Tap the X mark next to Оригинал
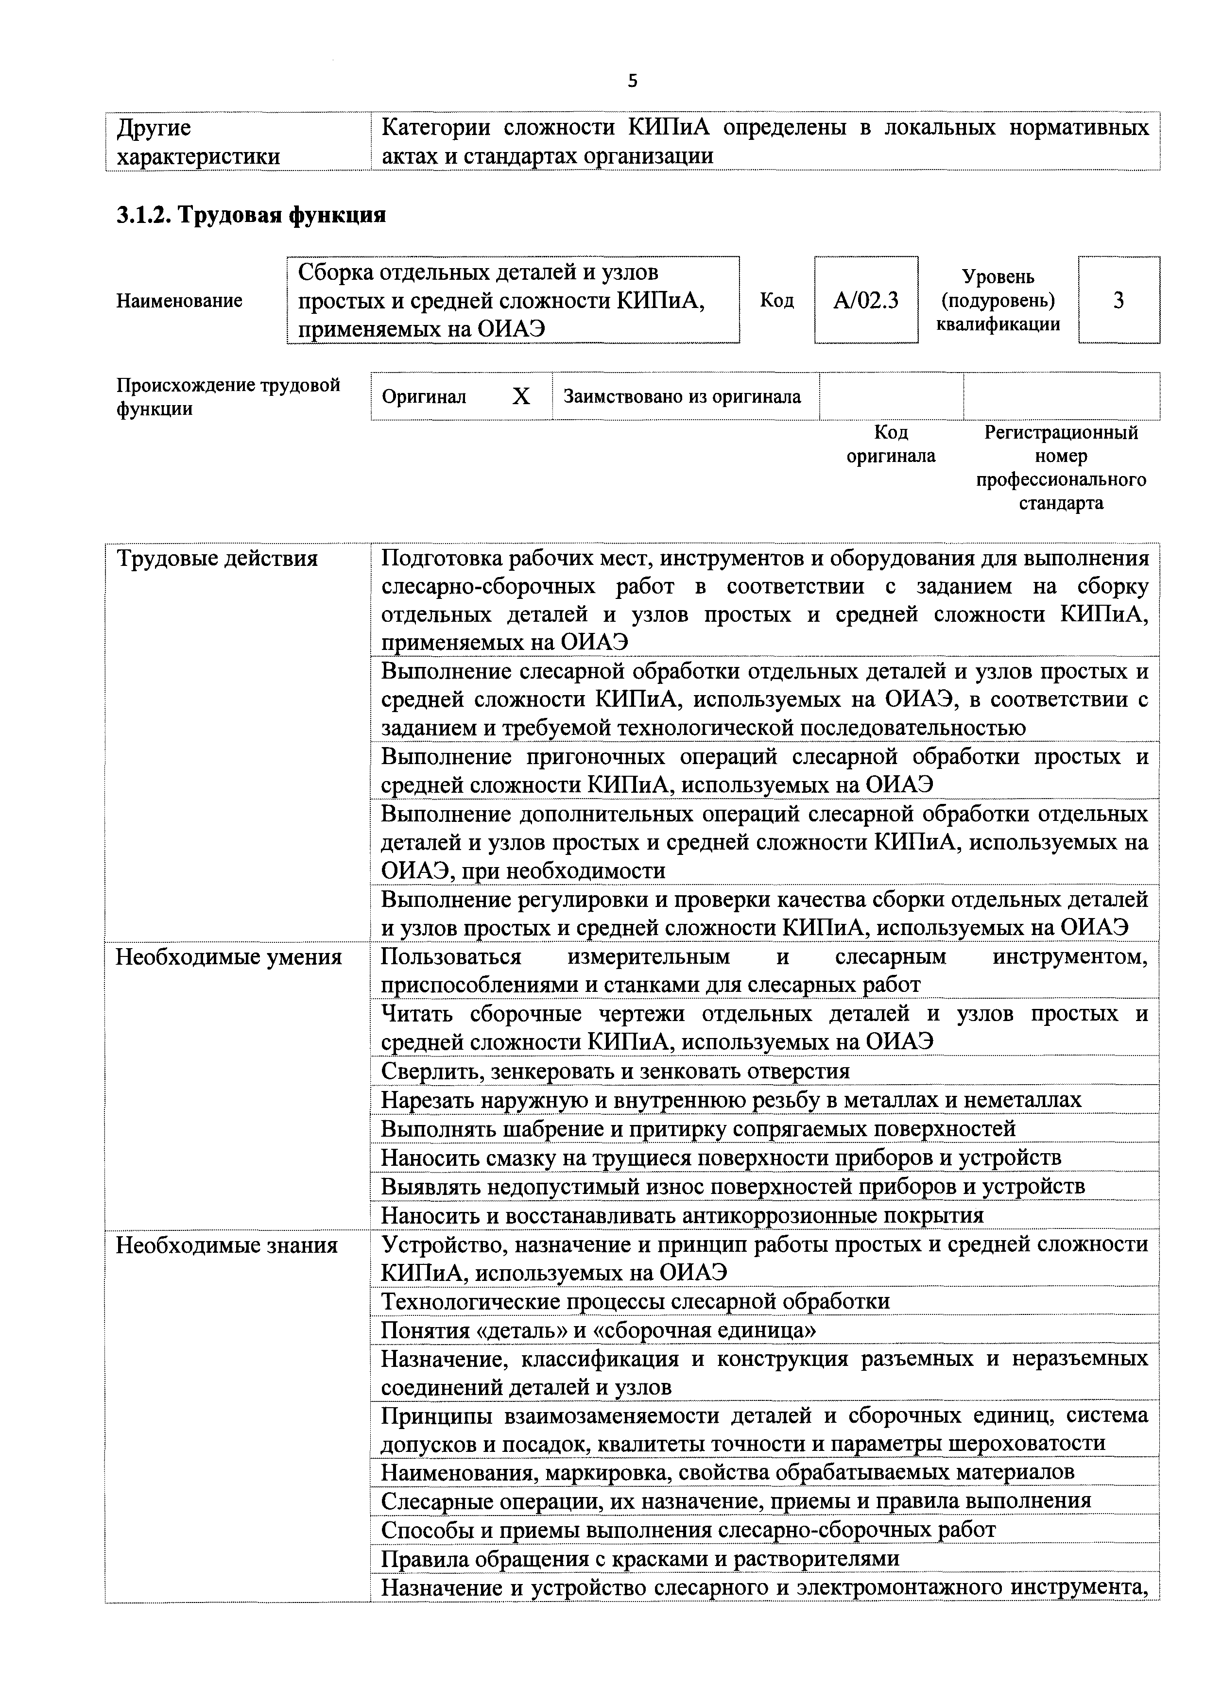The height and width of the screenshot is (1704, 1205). pyautogui.click(x=521, y=397)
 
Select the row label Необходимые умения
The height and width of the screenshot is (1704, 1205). pyautogui.click(x=229, y=957)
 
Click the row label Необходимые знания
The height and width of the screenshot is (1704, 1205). pyautogui.click(x=226, y=1244)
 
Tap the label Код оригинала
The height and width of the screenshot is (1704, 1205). pyautogui.click(x=891, y=444)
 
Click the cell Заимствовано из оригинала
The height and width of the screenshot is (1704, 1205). pyautogui.click(x=682, y=397)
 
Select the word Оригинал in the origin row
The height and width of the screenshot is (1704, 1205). pyautogui.click(x=424, y=397)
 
